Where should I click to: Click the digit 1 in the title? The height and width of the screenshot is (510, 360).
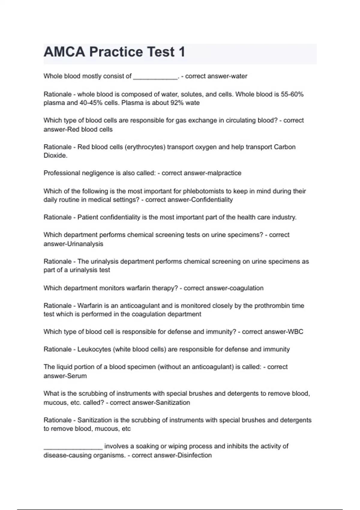pos(181,52)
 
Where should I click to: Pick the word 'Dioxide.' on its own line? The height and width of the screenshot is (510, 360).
pos(55,156)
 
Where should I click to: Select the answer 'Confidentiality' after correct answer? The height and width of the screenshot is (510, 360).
pos(212,200)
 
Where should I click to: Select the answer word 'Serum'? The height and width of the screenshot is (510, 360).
pos(77,376)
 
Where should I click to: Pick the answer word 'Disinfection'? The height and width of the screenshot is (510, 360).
pos(195,455)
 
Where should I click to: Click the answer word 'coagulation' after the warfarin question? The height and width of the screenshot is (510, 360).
pos(246,288)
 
